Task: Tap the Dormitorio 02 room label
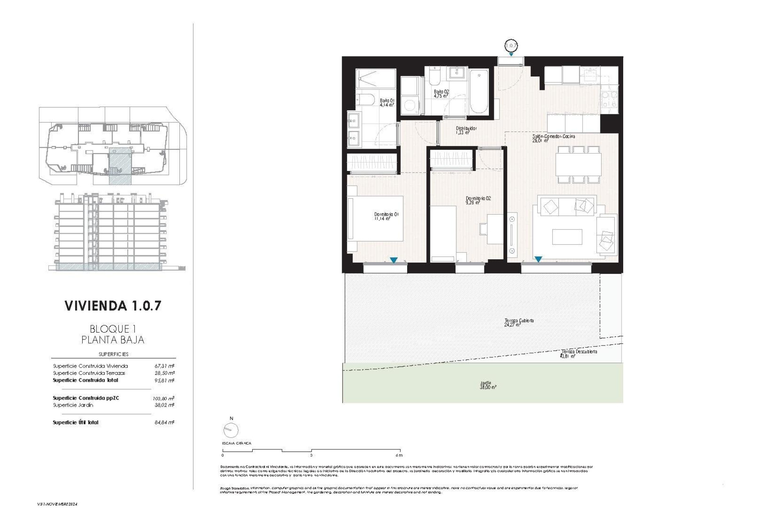[478, 200]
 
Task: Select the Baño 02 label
[441, 94]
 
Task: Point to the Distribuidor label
[466, 130]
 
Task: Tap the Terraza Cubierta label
[519, 322]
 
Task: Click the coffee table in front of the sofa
[567, 237]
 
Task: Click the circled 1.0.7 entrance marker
[511, 46]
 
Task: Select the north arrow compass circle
[231, 430]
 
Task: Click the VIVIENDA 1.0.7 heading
[113, 306]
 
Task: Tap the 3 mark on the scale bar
[311, 455]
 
